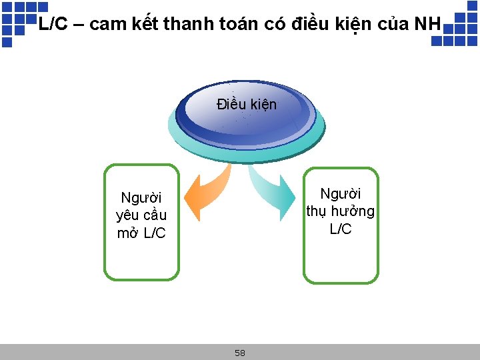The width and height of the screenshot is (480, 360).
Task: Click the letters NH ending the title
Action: click(x=427, y=25)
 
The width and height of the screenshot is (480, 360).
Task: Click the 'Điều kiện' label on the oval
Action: click(x=246, y=104)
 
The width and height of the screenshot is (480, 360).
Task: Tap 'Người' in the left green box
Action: click(x=141, y=197)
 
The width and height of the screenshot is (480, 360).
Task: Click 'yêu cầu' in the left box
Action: click(x=141, y=215)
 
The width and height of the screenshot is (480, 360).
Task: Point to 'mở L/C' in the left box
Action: click(x=141, y=233)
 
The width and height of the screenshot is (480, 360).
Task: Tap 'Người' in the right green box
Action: click(x=341, y=193)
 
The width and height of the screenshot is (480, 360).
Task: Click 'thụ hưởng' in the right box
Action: click(x=341, y=211)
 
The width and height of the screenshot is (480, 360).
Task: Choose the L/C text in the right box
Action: click(x=341, y=229)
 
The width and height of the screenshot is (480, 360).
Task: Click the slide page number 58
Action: click(x=240, y=353)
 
